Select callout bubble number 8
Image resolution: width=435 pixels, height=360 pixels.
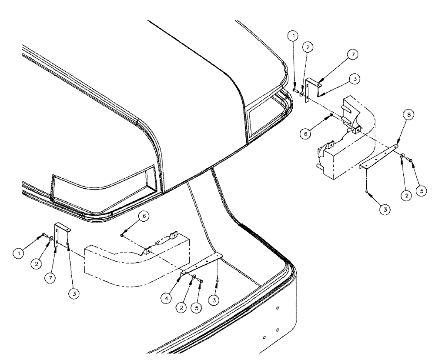[x=408, y=115]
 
